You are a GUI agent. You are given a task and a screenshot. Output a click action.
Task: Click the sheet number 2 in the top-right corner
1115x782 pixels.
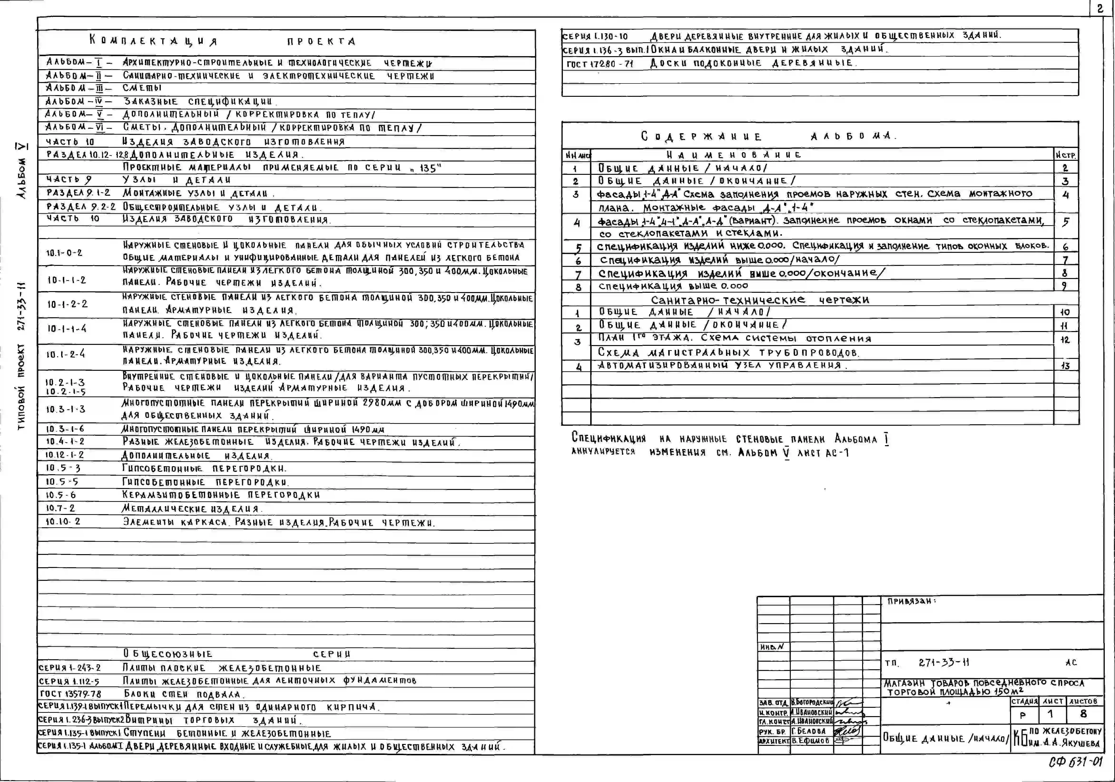[x=1100, y=9]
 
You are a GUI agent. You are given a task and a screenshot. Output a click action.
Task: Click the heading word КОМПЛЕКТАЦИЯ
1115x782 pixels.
[x=153, y=41]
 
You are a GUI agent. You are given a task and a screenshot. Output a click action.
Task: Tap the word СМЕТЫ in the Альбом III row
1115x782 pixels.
[x=142, y=88]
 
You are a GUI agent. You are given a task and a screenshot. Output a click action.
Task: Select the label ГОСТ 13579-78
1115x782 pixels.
[x=70, y=694]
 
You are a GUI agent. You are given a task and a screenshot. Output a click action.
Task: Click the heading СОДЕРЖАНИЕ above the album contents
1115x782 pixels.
[x=701, y=137]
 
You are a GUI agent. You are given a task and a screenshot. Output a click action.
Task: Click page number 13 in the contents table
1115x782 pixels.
[x=1065, y=366]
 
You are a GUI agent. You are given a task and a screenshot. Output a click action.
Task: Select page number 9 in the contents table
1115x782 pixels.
[x=1064, y=286]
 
